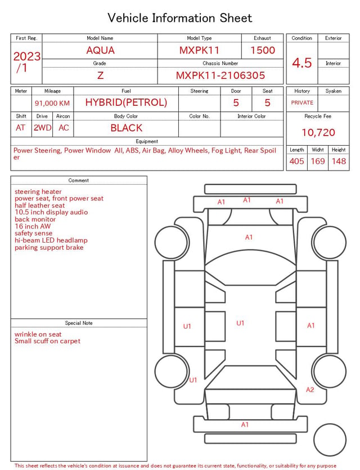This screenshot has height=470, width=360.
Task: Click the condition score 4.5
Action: (302, 63)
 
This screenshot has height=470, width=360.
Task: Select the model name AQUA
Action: (100, 50)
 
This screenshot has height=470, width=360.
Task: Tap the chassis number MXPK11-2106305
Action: (220, 75)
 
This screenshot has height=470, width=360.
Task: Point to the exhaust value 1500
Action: (263, 50)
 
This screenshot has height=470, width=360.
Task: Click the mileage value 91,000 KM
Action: (52, 103)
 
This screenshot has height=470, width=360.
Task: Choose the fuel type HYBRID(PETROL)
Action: (126, 102)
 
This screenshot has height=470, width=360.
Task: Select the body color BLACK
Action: (127, 128)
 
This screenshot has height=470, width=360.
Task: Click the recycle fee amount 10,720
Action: (318, 132)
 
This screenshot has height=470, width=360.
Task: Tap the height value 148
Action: (339, 161)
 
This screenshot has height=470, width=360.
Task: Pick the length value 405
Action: (296, 161)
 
